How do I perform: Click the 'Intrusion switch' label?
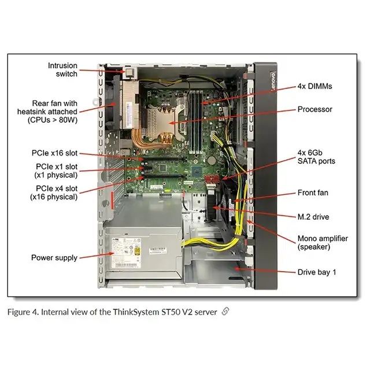coord(62,70)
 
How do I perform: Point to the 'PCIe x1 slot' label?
coord(56,171)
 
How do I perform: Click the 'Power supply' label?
coord(54,258)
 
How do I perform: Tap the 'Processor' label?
coord(315,109)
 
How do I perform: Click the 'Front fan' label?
coord(314,193)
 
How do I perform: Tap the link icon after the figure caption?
coord(225,312)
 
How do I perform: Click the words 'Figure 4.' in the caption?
coord(24,312)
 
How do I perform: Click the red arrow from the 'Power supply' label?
coord(95,256)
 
